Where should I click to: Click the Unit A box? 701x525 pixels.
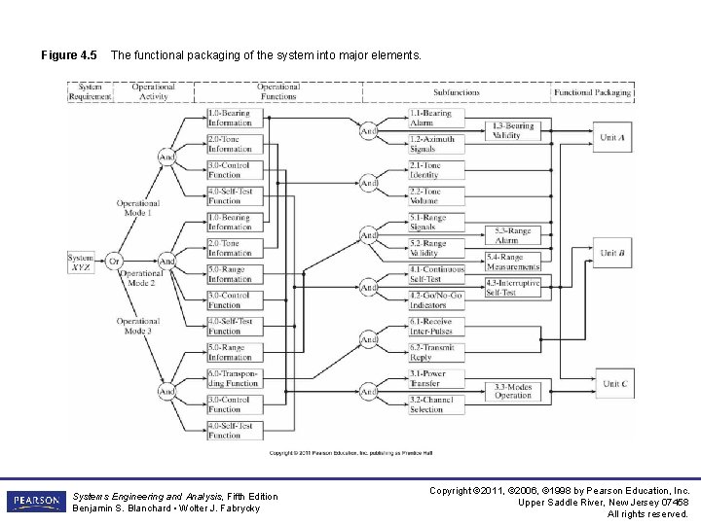612,138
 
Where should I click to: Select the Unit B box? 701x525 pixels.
612,253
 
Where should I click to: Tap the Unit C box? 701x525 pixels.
613,384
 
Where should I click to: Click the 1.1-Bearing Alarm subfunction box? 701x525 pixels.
435,119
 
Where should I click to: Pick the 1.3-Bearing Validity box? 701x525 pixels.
513,131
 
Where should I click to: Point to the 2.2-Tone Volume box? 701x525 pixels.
435,197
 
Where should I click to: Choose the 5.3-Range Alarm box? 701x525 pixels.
513,236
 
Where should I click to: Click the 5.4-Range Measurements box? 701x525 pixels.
513,262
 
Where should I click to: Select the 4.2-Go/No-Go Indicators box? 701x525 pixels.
435,300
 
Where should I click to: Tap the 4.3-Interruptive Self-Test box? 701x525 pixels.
513,287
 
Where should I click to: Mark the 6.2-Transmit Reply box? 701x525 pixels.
435,352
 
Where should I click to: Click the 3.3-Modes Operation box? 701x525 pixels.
513,391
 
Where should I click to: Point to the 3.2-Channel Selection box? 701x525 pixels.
435,404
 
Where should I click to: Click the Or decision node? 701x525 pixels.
114,261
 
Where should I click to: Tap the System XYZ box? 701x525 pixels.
81,262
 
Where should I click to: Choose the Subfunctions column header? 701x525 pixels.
457,92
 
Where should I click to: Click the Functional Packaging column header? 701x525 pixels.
593,92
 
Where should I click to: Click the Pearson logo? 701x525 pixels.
35,502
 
